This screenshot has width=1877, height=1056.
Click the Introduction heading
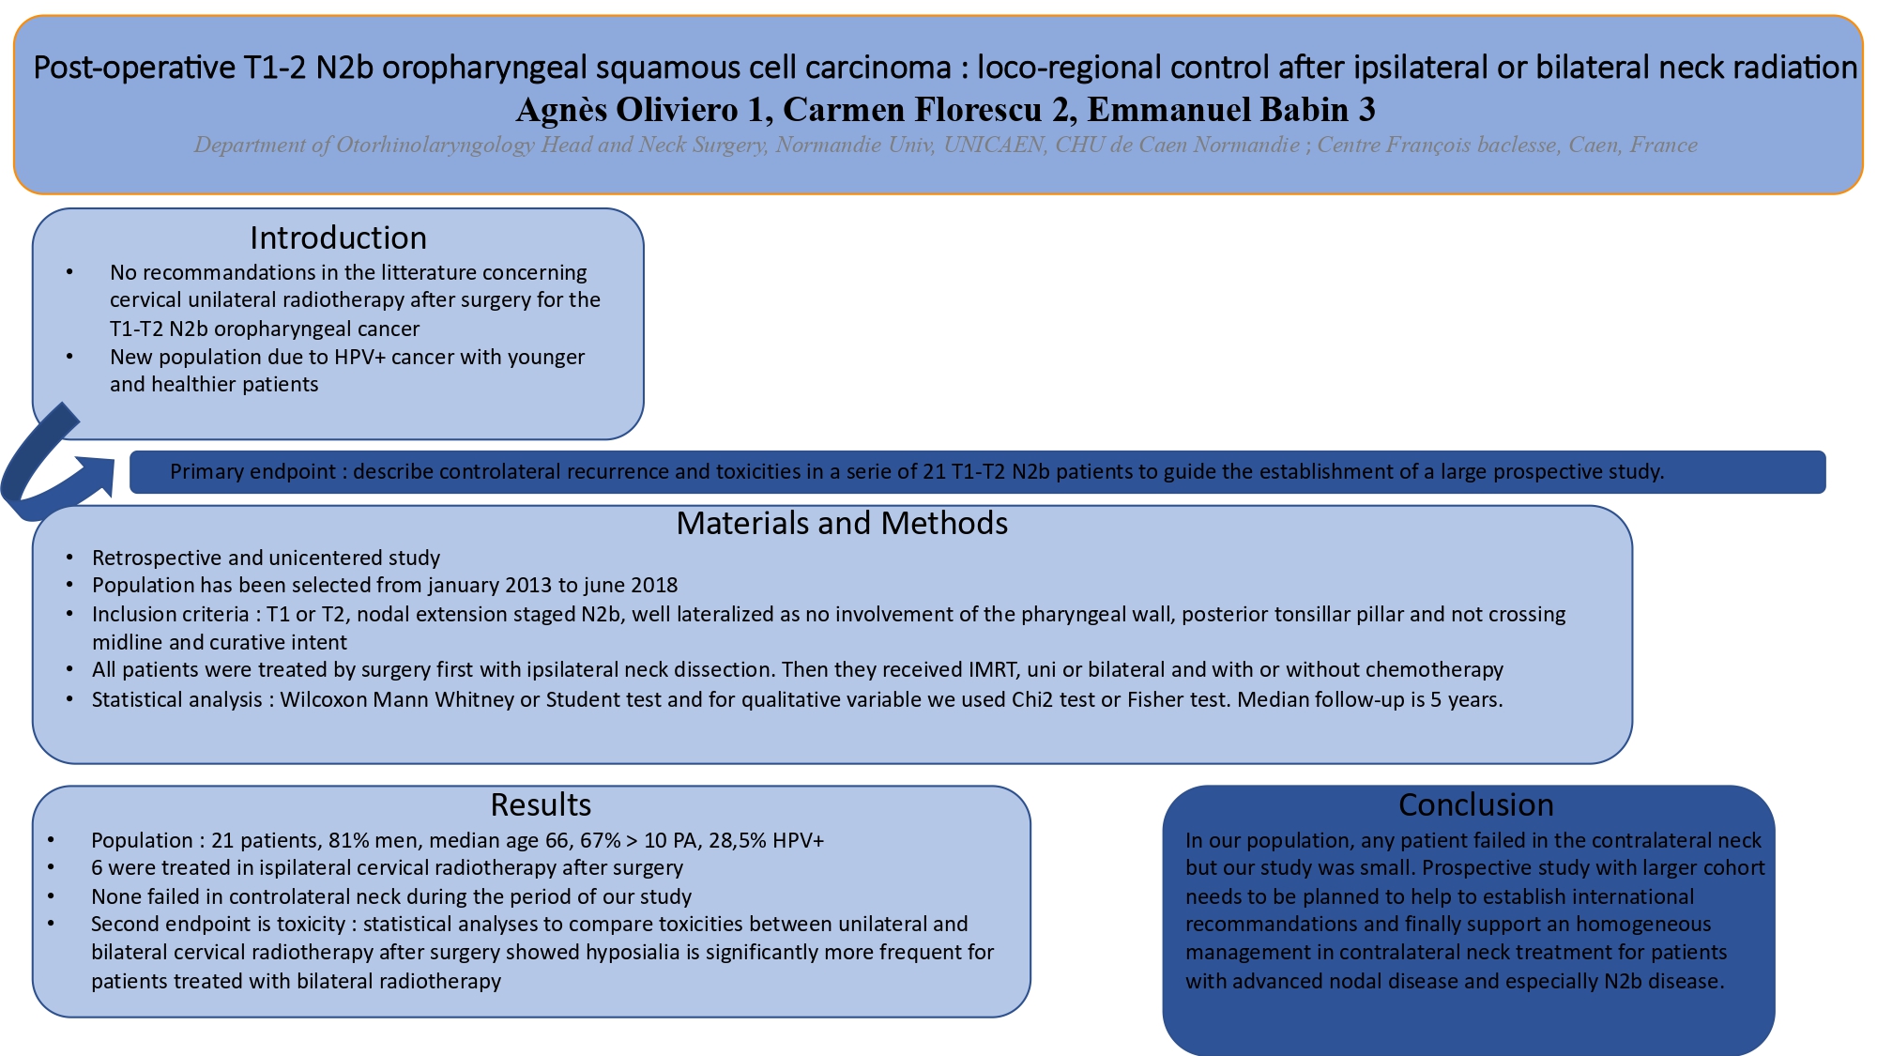click(x=338, y=237)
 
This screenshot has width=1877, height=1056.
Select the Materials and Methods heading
click(x=842, y=523)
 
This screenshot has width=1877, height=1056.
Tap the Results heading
click(x=541, y=804)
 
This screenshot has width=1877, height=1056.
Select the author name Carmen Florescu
click(x=913, y=110)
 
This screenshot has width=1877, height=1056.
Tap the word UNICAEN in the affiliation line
click(x=994, y=145)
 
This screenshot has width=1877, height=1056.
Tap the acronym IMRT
click(x=992, y=669)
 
